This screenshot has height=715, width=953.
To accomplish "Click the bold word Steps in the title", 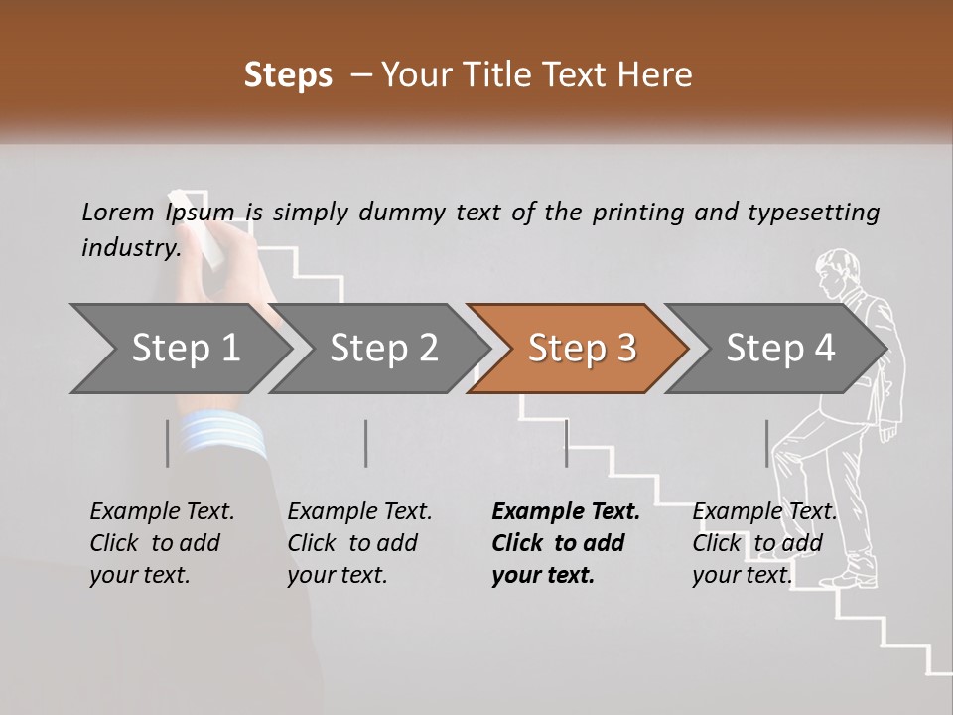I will (288, 75).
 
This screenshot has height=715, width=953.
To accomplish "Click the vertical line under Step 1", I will (168, 443).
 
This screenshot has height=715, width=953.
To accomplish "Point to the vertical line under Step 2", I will (366, 443).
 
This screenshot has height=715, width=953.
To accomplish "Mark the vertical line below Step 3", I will (566, 443).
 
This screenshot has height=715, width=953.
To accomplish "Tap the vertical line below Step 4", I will (766, 443).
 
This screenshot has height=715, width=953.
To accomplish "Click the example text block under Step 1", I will (162, 543).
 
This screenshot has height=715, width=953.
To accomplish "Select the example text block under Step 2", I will (359, 543).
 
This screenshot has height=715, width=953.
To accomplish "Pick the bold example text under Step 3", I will (566, 543).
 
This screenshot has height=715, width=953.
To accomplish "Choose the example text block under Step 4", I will (764, 543).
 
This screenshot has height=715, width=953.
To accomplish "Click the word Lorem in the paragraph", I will (118, 213).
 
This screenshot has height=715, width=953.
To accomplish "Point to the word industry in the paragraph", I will (130, 247).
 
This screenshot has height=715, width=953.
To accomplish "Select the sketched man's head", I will (836, 272).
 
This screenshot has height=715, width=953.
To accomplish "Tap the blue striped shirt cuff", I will (224, 434).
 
